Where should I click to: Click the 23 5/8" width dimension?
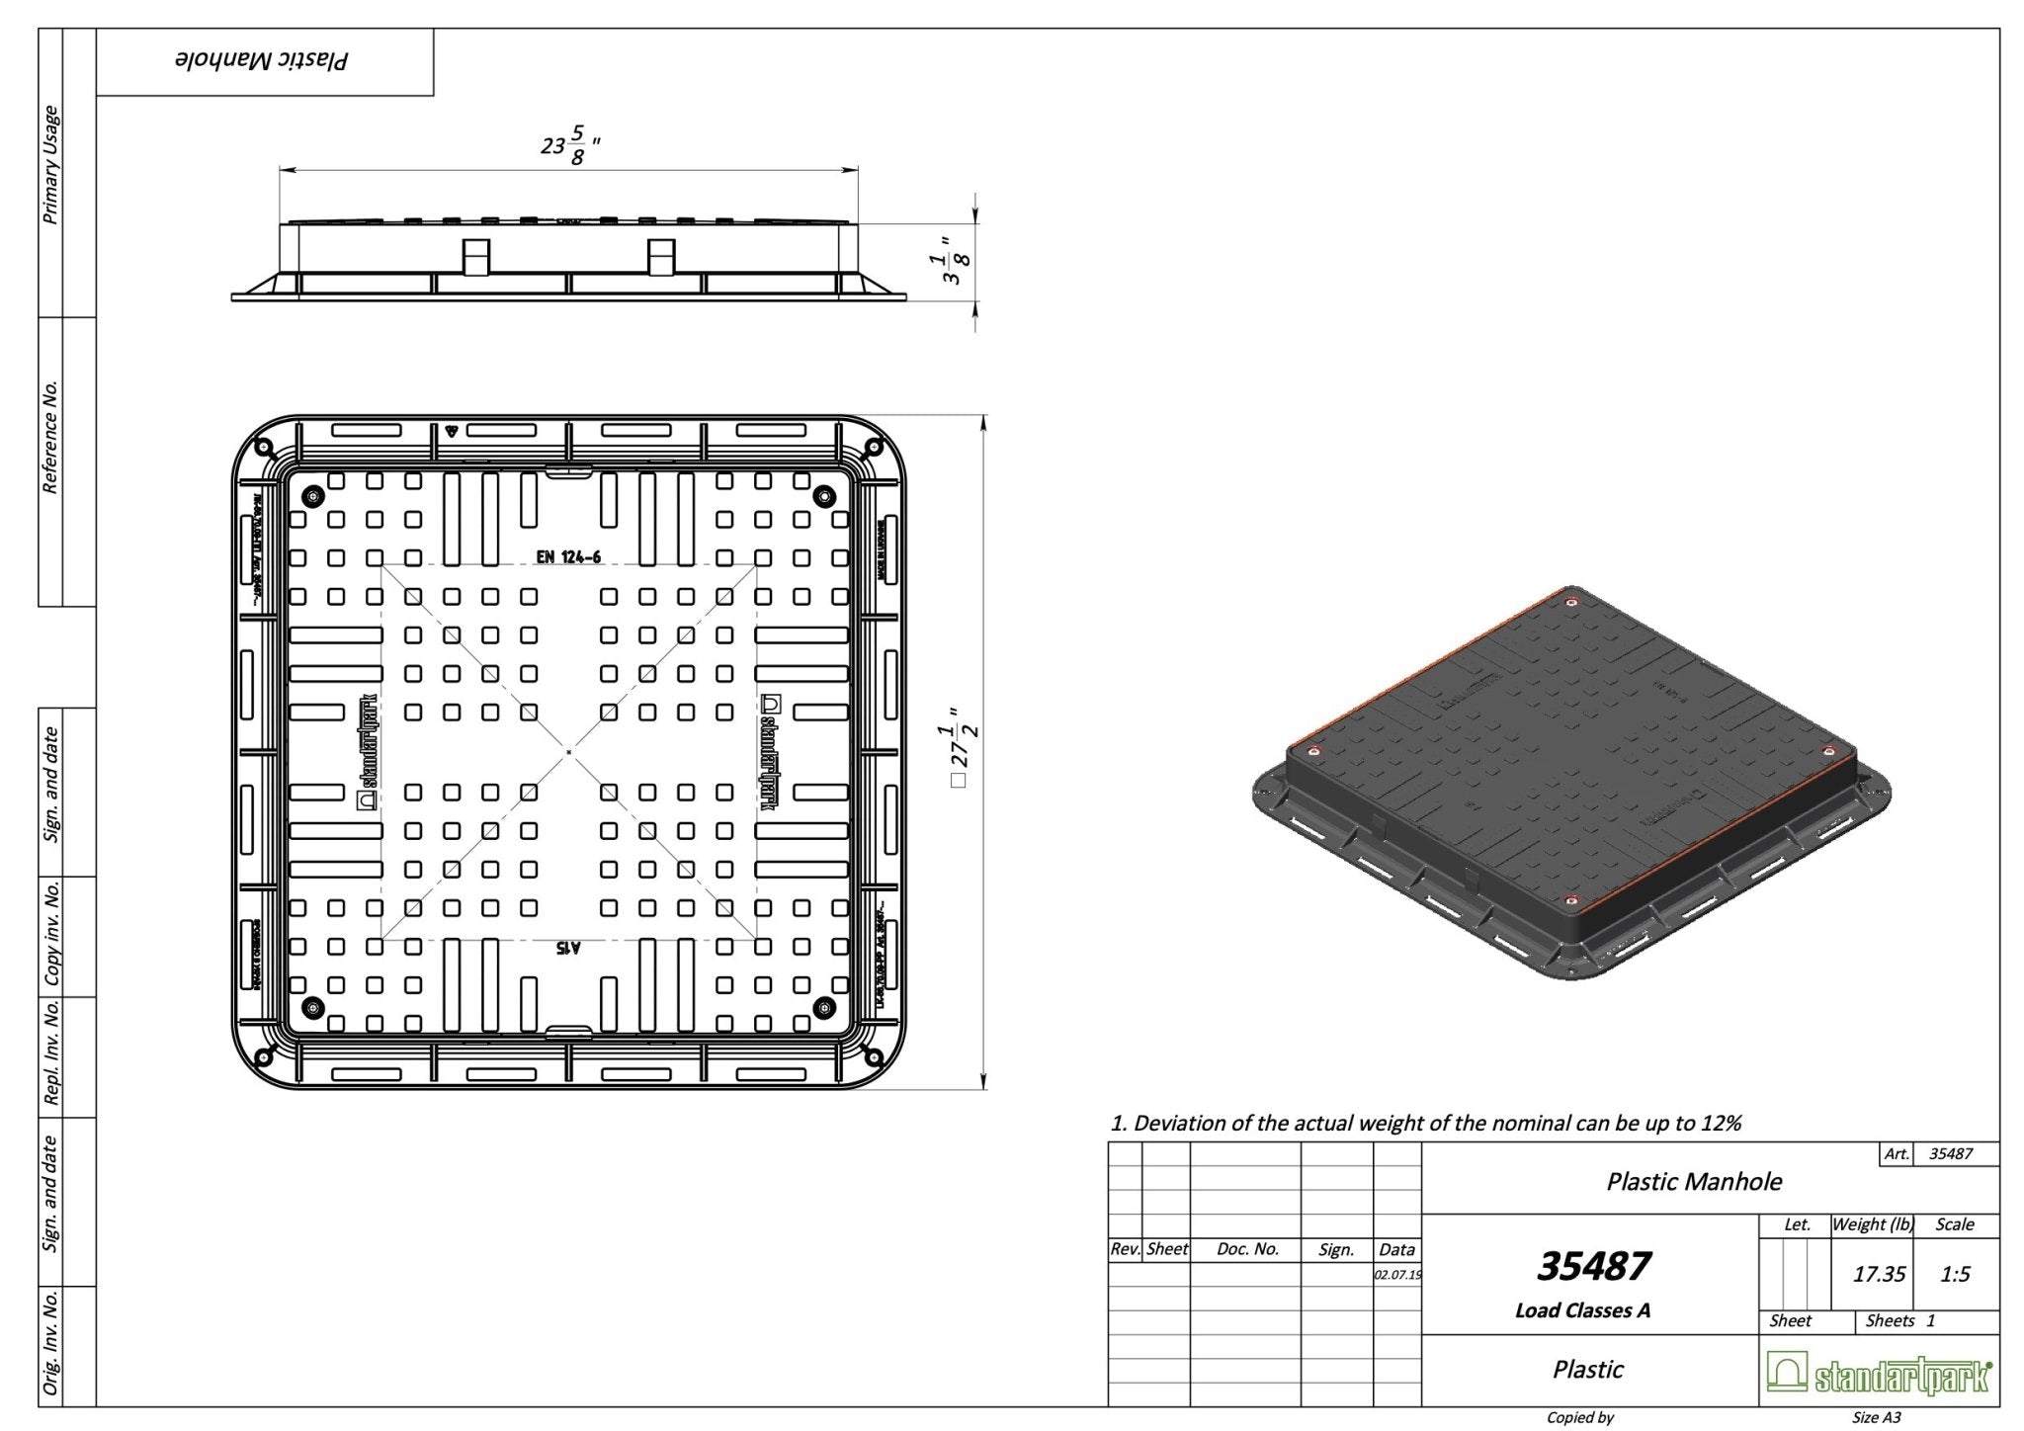point(570,146)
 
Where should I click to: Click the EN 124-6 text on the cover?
point(568,557)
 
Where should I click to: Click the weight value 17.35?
point(1879,1274)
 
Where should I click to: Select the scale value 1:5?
point(1955,1274)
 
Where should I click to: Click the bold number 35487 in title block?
point(1594,1266)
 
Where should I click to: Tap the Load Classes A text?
point(1582,1310)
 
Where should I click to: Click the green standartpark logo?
point(1879,1373)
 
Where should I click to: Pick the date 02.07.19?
point(1397,1275)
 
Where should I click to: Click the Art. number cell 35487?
point(1951,1153)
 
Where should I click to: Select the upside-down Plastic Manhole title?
point(262,61)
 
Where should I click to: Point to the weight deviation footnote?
point(1426,1123)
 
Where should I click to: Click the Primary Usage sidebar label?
point(50,164)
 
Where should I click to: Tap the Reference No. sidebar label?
point(50,436)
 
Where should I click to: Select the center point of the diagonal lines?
point(569,753)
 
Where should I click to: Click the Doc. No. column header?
point(1247,1249)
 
